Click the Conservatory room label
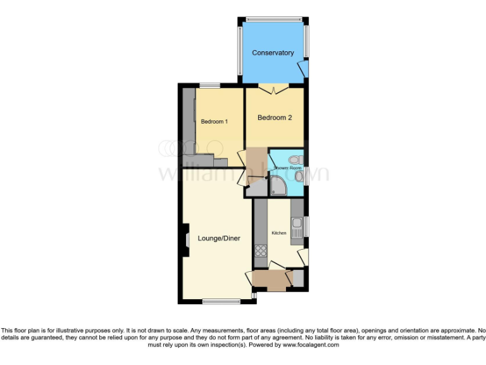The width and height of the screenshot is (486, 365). pyautogui.click(x=273, y=53)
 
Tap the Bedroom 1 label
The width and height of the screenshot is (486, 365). pyautogui.click(x=214, y=122)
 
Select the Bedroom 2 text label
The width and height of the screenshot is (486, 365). pyautogui.click(x=274, y=117)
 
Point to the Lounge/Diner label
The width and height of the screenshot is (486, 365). pyautogui.click(x=219, y=238)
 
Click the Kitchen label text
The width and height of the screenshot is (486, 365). pyautogui.click(x=279, y=233)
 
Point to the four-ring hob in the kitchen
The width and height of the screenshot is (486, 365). pyautogui.click(x=260, y=250)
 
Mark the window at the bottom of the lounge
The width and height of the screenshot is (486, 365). pyautogui.click(x=221, y=302)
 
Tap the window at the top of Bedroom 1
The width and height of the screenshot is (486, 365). pyautogui.click(x=209, y=86)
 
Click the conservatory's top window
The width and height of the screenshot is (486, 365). pyautogui.click(x=273, y=19)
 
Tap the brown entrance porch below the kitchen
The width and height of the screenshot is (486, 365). pyautogui.click(x=269, y=279)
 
